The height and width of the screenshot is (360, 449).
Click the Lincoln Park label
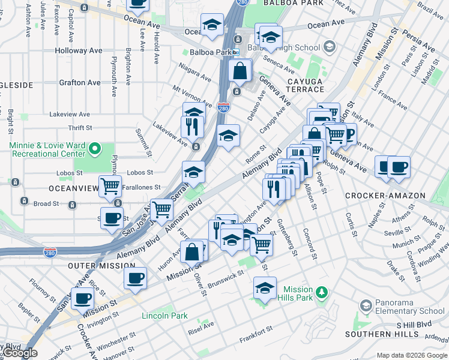point(164,316)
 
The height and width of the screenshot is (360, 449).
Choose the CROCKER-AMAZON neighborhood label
point(385,196)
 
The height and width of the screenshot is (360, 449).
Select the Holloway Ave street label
point(79,51)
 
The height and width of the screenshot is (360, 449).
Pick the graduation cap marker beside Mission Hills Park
point(264,287)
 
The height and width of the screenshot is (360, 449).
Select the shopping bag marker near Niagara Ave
point(240,70)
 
